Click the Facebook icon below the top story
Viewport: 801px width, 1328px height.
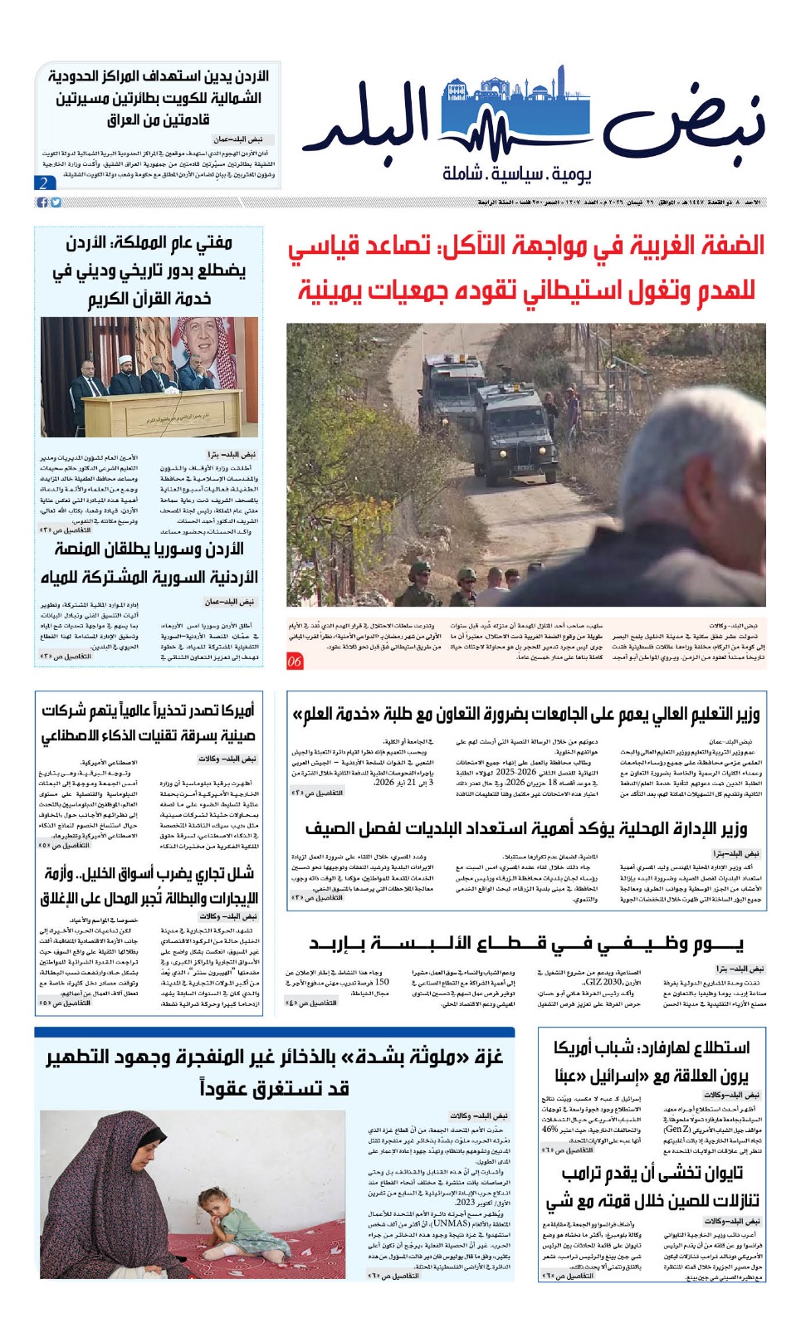[x=42, y=203]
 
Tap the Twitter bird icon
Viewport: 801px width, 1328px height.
[x=56, y=203]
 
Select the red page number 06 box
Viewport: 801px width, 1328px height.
[x=295, y=662]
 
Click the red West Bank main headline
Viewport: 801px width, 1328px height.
[x=526, y=267]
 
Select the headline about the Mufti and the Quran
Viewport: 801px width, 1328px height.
[x=149, y=270]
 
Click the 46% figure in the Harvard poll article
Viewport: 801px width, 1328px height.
[x=549, y=1129]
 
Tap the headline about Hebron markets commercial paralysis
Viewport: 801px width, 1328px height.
[x=149, y=885]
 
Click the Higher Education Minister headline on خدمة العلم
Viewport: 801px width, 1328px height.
[x=526, y=714]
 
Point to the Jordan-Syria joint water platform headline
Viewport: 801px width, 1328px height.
[x=149, y=563]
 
